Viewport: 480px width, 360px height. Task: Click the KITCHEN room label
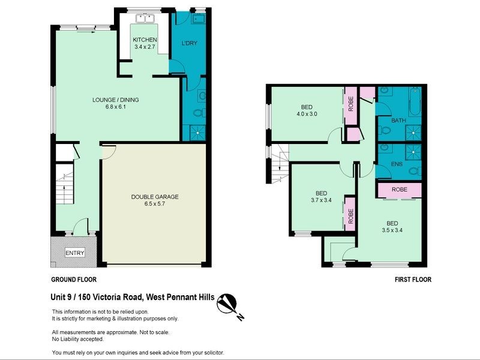(145, 40)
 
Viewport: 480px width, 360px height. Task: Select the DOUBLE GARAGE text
(155, 197)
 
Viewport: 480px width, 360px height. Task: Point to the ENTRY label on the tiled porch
(75, 253)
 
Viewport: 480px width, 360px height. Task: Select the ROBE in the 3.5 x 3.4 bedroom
(399, 190)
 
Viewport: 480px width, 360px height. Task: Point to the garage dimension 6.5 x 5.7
(155, 204)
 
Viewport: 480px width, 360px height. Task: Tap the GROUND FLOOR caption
(74, 280)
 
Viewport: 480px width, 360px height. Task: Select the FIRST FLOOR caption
(413, 280)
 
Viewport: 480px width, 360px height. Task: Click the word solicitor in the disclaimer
(210, 352)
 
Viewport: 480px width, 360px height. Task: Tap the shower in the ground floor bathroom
(197, 133)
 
